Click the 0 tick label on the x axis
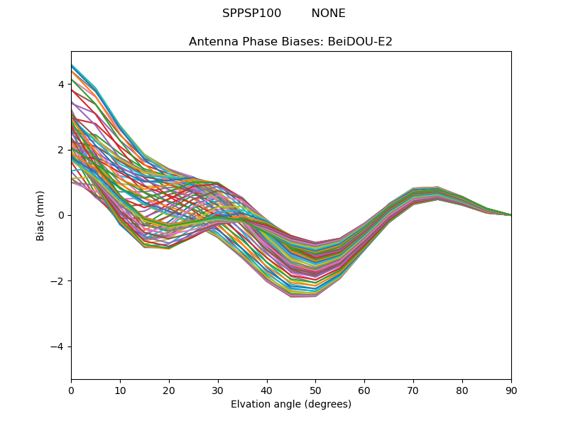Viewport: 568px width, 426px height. pyautogui.click(x=71, y=390)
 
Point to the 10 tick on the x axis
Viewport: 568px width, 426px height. pyautogui.click(x=120, y=390)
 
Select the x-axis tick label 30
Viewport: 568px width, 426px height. pyautogui.click(x=218, y=390)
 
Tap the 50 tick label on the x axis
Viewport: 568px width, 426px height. pyautogui.click(x=315, y=390)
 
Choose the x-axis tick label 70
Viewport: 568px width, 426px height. pyautogui.click(x=413, y=390)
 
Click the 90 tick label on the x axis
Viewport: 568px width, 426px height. pyautogui.click(x=511, y=390)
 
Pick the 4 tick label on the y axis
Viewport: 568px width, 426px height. pyautogui.click(x=61, y=84)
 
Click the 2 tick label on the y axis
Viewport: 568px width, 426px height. pyautogui.click(x=61, y=150)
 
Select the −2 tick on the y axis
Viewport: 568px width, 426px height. pyautogui.click(x=58, y=281)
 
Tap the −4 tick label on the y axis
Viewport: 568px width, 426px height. pyautogui.click(x=58, y=346)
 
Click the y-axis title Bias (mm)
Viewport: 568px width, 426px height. pyautogui.click(x=41, y=215)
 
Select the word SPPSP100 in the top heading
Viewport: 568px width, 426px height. pyautogui.click(x=251, y=13)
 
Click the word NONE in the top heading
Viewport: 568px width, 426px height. pyautogui.click(x=328, y=13)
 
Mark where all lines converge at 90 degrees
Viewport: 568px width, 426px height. pyautogui.click(x=511, y=215)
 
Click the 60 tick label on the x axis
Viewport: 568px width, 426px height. pyautogui.click(x=364, y=390)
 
